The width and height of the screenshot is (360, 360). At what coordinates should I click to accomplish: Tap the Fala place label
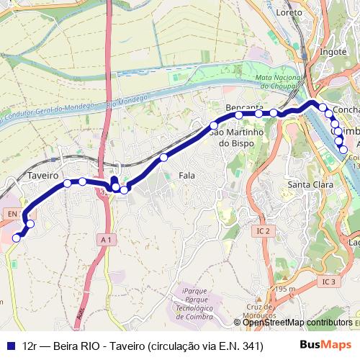(186, 175)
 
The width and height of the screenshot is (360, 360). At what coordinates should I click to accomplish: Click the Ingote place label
(333, 52)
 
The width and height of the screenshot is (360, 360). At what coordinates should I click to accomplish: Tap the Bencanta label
(244, 107)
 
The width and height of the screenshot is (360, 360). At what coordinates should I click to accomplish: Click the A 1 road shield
(107, 238)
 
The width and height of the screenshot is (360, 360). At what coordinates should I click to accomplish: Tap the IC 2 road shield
(263, 231)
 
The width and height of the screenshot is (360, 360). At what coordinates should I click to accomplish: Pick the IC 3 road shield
(329, 281)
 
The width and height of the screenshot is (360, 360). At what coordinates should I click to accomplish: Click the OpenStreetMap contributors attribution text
(297, 323)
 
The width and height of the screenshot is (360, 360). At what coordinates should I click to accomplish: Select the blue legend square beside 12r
(11, 345)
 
